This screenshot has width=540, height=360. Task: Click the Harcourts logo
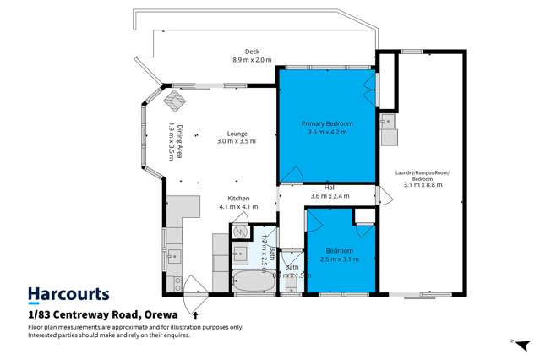[68, 295]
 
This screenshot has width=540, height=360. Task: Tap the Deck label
[252, 55]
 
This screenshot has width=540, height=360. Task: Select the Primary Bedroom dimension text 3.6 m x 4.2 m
[327, 132]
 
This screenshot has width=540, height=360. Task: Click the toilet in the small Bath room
[292, 286]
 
